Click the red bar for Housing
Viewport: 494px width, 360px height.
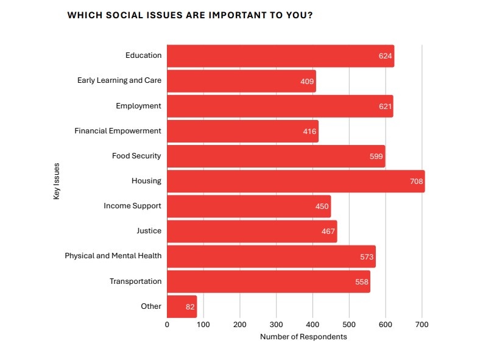[295, 181]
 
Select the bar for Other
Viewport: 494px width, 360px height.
[182, 306]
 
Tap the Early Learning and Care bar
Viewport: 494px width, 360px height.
[241, 80]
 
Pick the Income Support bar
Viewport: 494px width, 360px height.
[249, 206]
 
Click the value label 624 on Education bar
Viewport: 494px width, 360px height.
[385, 56]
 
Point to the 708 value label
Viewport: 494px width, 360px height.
[417, 182]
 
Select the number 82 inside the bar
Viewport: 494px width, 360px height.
[190, 307]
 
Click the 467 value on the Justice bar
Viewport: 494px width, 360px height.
[328, 231]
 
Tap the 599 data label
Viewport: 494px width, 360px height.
[376, 157]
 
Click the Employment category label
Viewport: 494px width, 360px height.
[138, 105]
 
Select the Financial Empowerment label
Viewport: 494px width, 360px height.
[118, 130]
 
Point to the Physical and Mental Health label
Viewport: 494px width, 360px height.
[113, 256]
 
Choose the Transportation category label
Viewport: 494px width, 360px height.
[135, 281]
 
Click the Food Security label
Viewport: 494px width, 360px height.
[136, 155]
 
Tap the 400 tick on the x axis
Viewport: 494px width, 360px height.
[312, 324]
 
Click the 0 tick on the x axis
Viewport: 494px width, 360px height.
[167, 324]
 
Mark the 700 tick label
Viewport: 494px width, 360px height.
[422, 324]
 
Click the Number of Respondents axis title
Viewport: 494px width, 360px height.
[303, 337]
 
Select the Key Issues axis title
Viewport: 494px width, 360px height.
[57, 181]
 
